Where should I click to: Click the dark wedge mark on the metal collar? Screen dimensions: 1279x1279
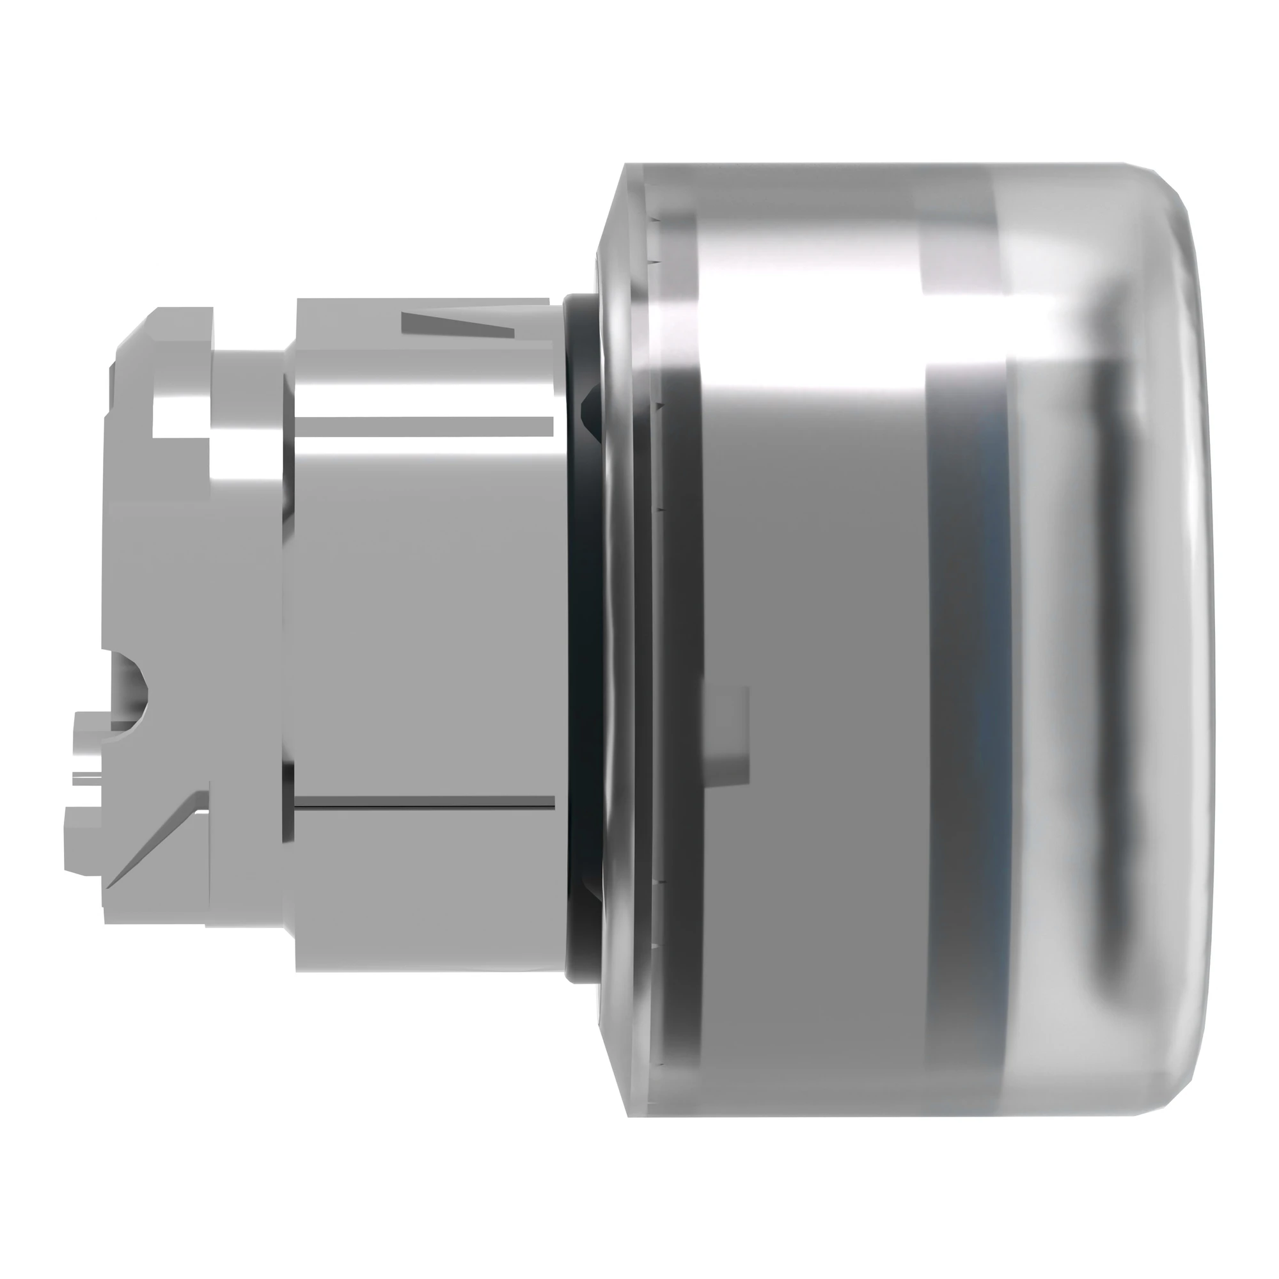coord(457,324)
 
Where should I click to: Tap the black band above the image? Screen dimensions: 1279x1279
coord(639,53)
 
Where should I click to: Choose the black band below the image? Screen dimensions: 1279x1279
coord(639,1225)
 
